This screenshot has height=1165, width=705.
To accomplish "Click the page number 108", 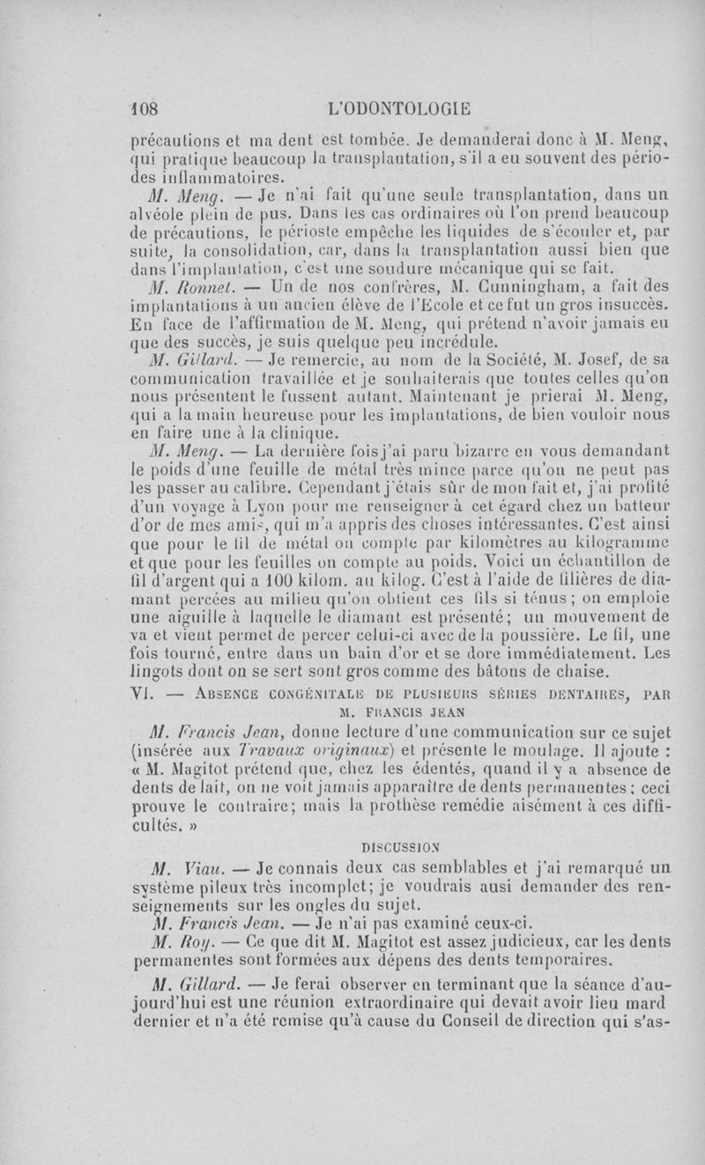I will [x=141, y=109].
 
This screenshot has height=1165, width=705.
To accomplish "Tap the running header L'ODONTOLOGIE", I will [x=398, y=109].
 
